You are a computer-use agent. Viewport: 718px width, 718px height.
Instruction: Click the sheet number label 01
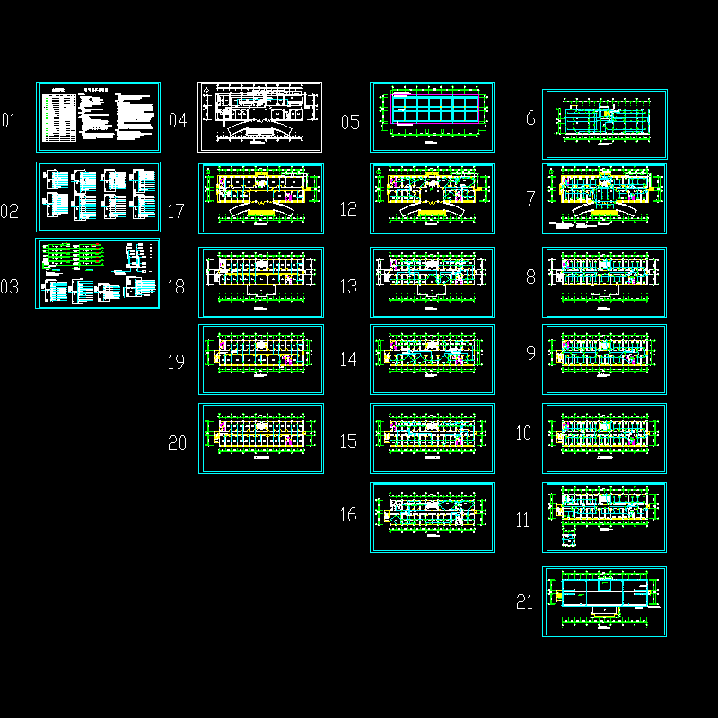pos(9,120)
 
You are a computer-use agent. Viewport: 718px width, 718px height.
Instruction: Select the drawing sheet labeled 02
pos(99,197)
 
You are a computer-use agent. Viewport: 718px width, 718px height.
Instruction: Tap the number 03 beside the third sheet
pos(9,287)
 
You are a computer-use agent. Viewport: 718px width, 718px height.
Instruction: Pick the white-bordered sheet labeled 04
pos(260,117)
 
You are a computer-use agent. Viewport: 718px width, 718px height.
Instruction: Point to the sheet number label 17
pos(176,212)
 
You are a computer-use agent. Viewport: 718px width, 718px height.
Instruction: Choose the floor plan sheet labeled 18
pos(261,282)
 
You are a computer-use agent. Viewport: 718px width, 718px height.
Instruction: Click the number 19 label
pos(176,363)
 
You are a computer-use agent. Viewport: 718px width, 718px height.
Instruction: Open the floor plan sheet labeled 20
pos(261,438)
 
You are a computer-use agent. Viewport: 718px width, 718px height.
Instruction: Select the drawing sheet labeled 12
pos(433,198)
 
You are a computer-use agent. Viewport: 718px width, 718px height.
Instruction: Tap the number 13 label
pos(348,287)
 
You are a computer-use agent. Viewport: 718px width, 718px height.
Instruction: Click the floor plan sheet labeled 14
pos(433,359)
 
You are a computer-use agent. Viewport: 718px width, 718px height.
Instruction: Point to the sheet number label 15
pos(348,442)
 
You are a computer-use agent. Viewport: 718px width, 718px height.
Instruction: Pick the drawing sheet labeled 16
pos(433,517)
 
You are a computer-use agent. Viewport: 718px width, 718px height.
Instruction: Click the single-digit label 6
pos(530,118)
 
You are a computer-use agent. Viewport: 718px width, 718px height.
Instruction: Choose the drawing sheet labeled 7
pos(605,198)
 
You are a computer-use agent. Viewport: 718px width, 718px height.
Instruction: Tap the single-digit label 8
pos(530,277)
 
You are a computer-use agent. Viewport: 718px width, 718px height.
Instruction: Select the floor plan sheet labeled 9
pos(605,359)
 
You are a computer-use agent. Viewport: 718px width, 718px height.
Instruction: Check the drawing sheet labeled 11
pos(605,517)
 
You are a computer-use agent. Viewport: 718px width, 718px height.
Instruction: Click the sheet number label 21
pos(526,602)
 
